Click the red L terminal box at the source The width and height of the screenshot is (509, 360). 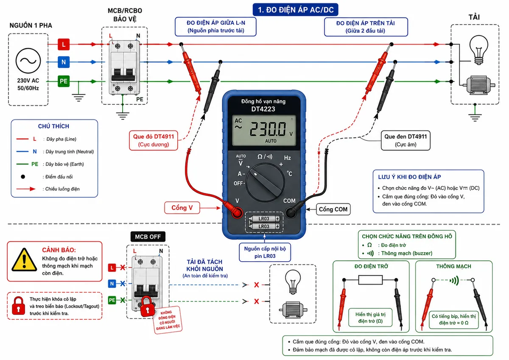tap(64, 44)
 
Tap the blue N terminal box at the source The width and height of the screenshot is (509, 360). tap(64, 62)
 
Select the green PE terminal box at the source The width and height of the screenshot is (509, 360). tap(64, 81)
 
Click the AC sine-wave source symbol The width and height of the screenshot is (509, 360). tap(28, 61)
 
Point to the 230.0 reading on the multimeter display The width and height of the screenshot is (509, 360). tap(268, 129)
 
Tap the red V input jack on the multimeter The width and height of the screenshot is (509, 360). tap(237, 213)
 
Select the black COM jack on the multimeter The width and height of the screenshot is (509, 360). tap(290, 213)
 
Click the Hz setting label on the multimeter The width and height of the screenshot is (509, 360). tap(287, 158)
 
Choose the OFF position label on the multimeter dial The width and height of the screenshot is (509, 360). tap(238, 183)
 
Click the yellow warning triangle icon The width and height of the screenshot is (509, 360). tap(24, 260)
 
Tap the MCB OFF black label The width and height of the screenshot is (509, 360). tap(148, 237)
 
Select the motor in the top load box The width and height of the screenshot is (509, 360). tap(479, 85)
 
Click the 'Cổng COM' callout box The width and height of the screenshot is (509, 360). tap(333, 209)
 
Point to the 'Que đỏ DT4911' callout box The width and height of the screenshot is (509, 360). tap(154, 140)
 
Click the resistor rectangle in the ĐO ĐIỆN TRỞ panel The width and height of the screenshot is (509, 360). tap(370, 280)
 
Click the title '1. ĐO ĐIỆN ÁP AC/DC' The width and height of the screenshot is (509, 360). tap(295, 10)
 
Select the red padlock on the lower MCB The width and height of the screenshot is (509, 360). tap(147, 307)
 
